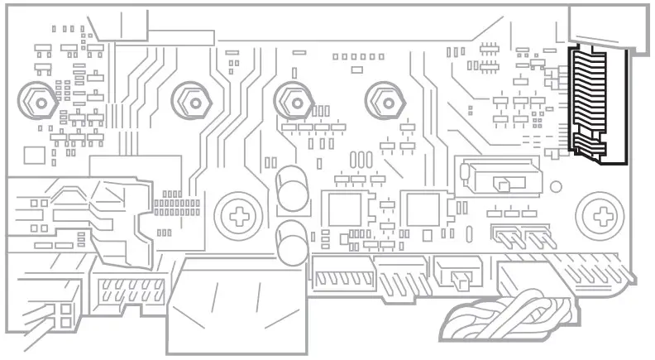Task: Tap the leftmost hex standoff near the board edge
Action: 38,101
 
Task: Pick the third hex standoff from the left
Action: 291,101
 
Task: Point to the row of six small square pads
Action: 358,57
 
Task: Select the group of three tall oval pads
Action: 361,159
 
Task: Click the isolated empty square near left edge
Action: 34,155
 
